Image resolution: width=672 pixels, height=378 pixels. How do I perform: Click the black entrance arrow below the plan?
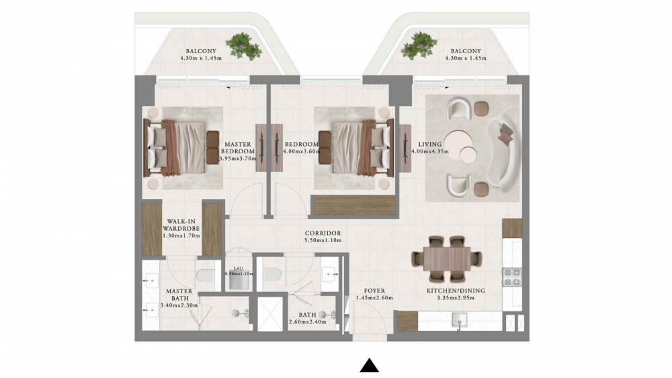(x=369, y=365)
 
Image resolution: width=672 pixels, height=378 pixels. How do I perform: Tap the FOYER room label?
(x=374, y=291)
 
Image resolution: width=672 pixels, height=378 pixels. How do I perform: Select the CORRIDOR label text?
(x=323, y=233)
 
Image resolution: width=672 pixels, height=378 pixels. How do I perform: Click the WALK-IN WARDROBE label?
(x=181, y=225)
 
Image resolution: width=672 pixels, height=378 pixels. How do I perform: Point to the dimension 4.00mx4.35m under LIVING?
(x=430, y=151)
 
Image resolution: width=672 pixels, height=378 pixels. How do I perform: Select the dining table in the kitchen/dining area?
(x=447, y=259)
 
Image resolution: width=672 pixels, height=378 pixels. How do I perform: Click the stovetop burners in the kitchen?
(x=511, y=276)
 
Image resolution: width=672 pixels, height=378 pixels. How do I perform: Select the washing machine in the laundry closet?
(x=239, y=282)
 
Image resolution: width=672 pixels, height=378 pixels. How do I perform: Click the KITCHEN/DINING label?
(x=456, y=291)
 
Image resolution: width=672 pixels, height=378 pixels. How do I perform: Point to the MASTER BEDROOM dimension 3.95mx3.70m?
(x=238, y=158)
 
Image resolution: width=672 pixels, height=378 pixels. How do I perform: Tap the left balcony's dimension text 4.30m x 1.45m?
(x=201, y=58)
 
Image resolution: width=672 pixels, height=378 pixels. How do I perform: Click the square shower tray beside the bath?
(x=270, y=313)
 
